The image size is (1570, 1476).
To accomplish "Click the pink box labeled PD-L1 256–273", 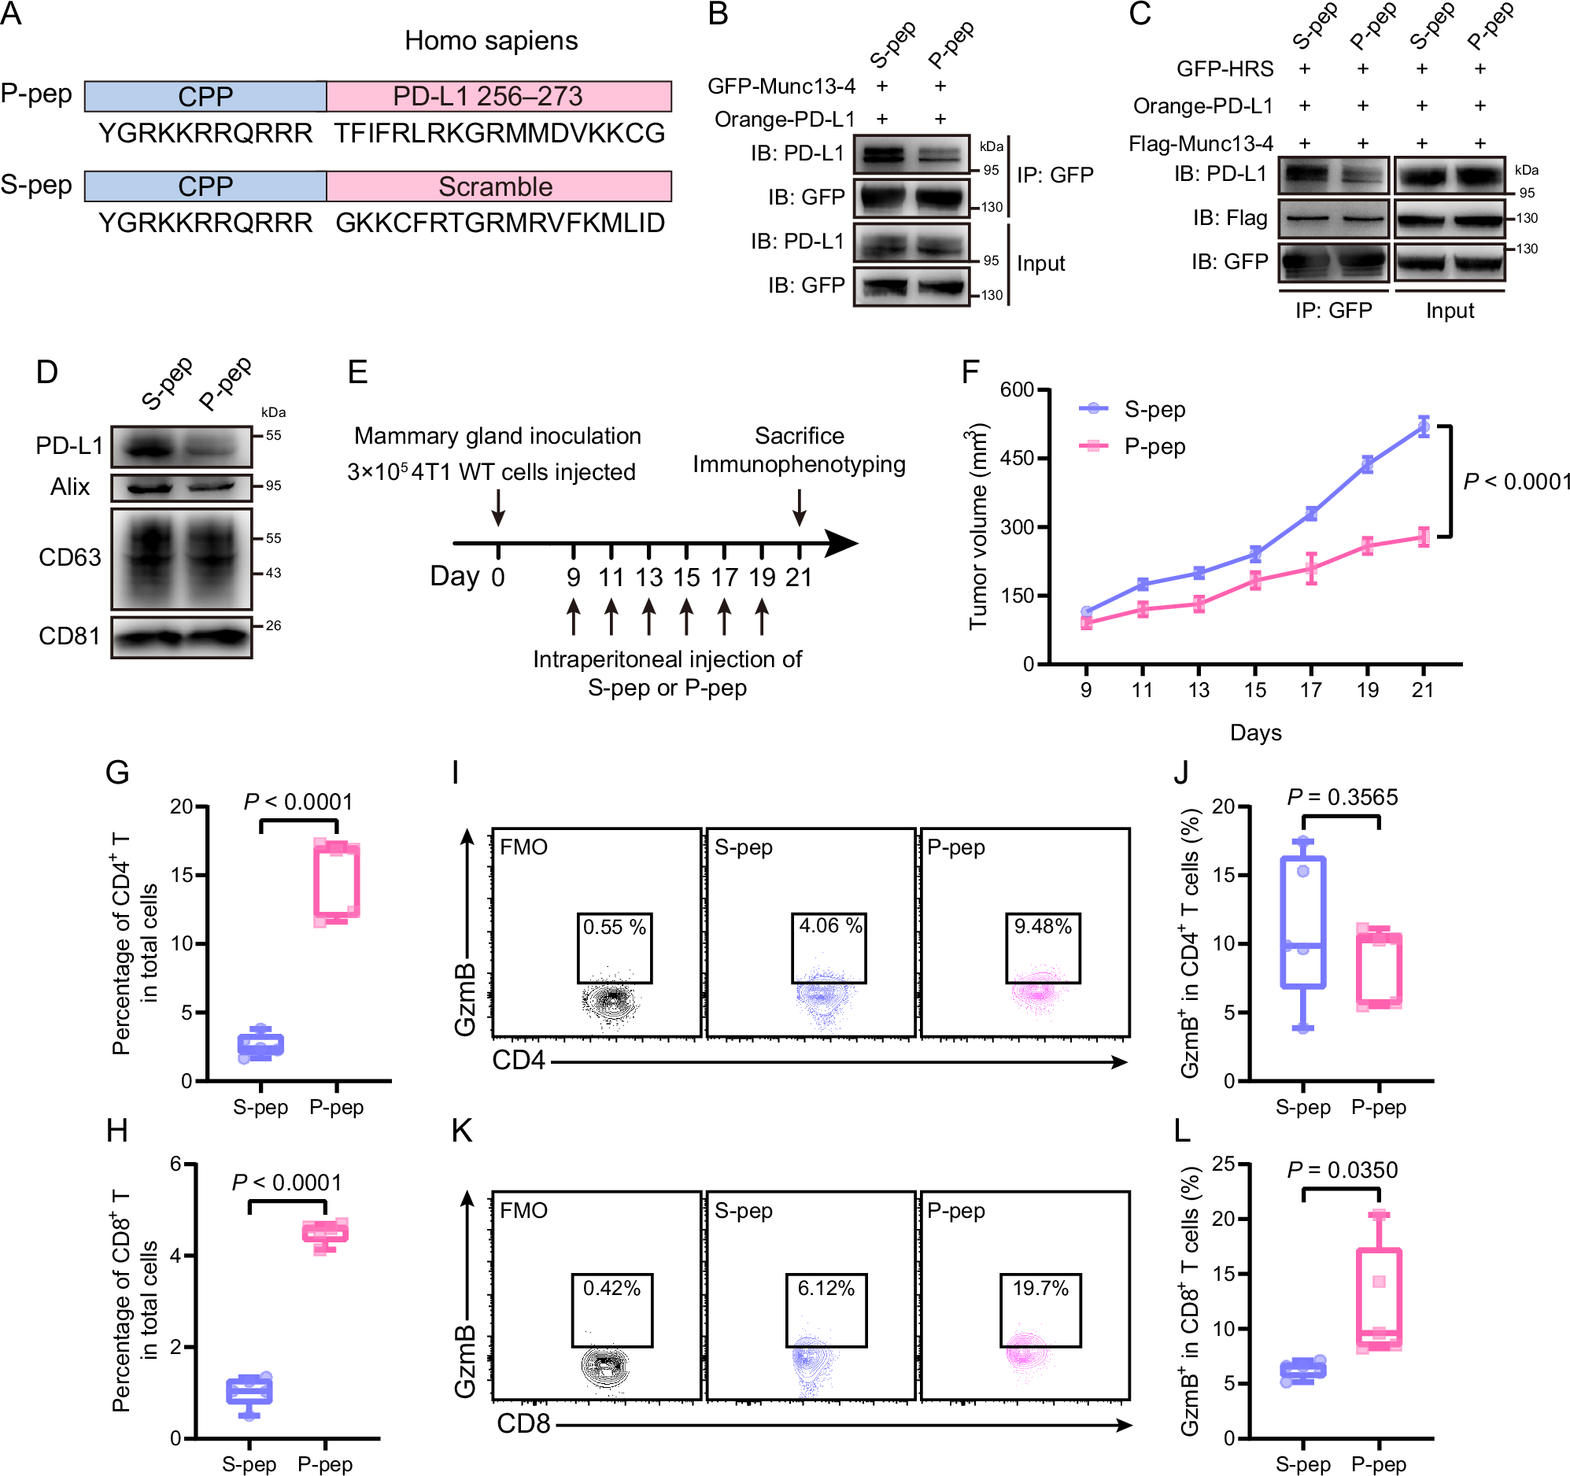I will pyautogui.click(x=498, y=96).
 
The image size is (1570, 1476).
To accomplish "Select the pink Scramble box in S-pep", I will pyautogui.click(x=498, y=186).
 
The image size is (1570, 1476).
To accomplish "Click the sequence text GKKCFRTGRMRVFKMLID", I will pyautogui.click(x=500, y=223).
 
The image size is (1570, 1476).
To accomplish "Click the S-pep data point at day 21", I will pyautogui.click(x=1423, y=427).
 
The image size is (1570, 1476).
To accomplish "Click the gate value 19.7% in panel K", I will pyautogui.click(x=1040, y=1288).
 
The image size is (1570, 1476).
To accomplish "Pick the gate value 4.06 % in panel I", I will pyautogui.click(x=830, y=924).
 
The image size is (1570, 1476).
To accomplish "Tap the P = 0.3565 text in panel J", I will pyautogui.click(x=1342, y=797).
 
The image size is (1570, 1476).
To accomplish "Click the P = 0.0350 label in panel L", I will pyautogui.click(x=1342, y=1170).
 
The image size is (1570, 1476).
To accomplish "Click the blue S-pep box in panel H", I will pyautogui.click(x=249, y=1391).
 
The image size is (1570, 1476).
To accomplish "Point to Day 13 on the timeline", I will pyautogui.click(x=648, y=577).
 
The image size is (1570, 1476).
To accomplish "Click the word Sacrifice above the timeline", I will pyautogui.click(x=800, y=436).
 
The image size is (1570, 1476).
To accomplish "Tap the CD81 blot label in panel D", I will pyautogui.click(x=69, y=636).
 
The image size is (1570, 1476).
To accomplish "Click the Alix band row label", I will pyautogui.click(x=69, y=486).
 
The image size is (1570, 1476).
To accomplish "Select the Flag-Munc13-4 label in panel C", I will pyautogui.click(x=1200, y=143).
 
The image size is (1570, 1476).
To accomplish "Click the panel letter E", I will pyautogui.click(x=358, y=371).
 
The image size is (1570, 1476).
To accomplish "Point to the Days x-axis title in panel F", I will pyautogui.click(x=1255, y=732).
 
